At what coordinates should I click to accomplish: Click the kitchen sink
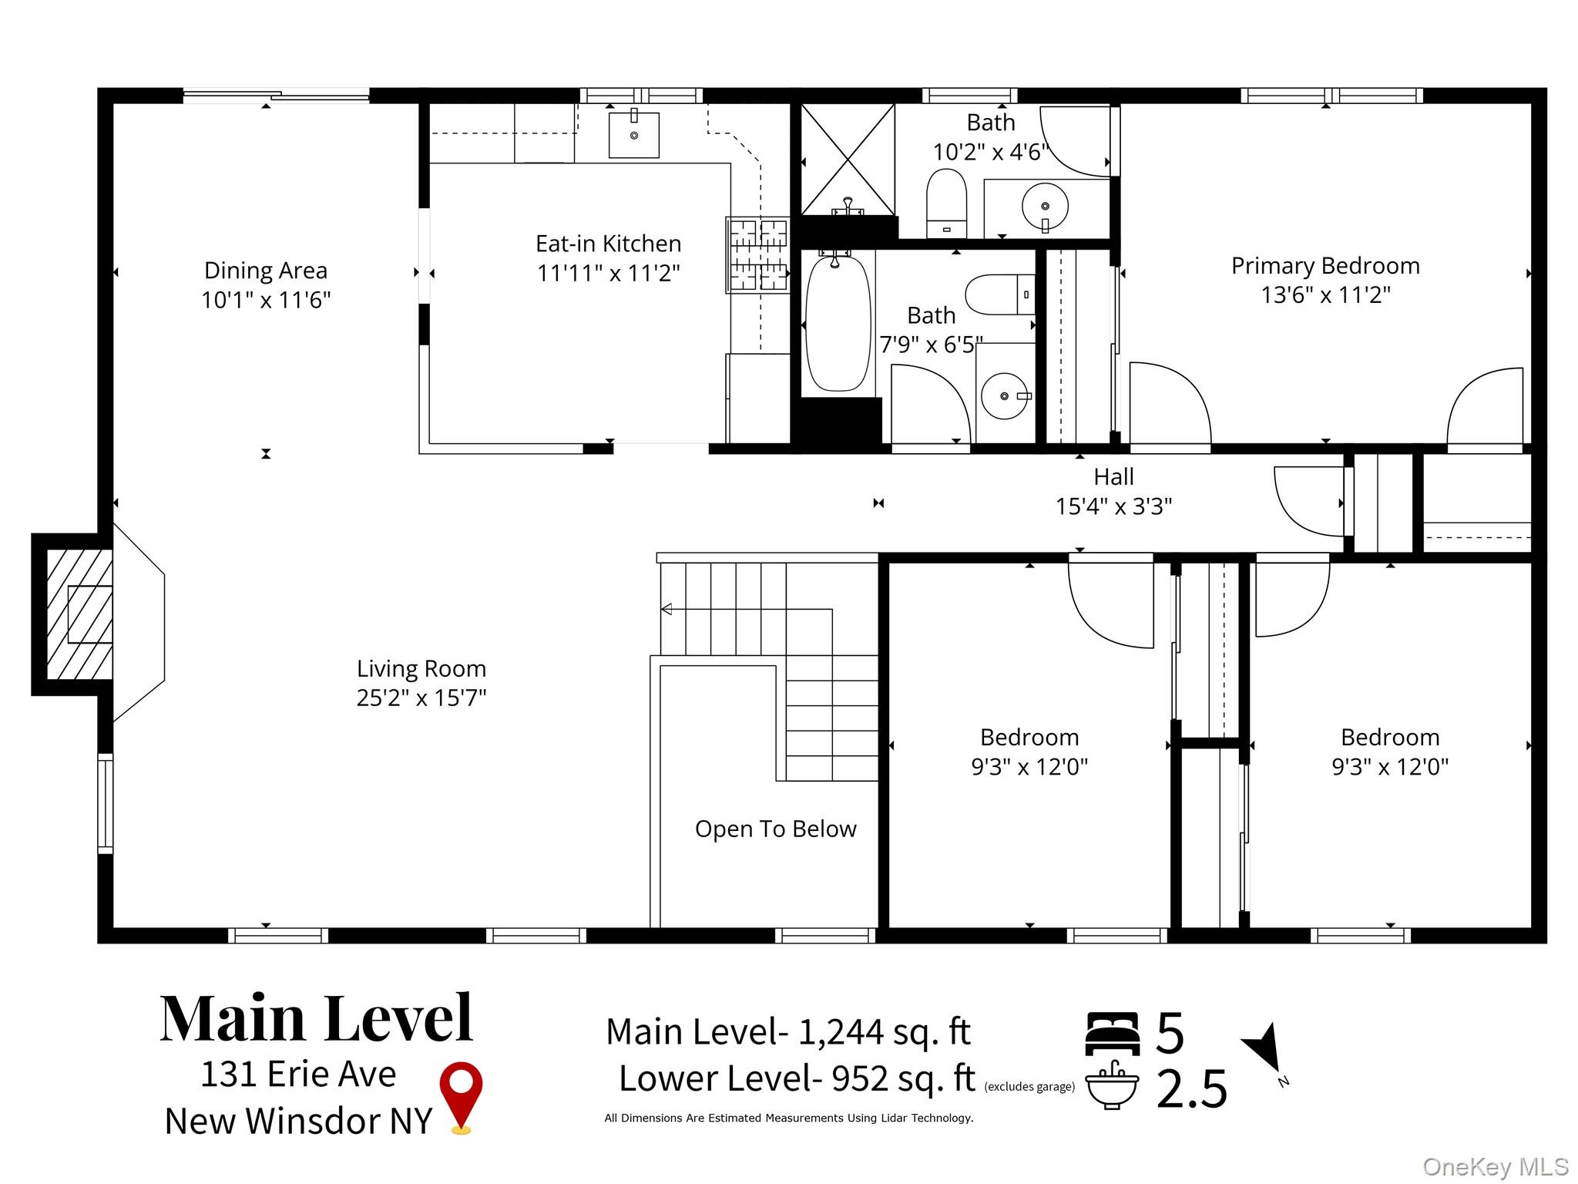point(633,134)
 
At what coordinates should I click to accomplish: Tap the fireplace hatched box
point(79,614)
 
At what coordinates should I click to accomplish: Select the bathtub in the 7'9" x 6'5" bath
point(838,323)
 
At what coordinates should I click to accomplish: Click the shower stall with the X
point(848,160)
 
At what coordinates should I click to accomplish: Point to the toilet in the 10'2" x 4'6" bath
point(946,203)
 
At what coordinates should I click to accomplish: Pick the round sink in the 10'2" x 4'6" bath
point(1045,207)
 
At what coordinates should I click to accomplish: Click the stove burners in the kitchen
point(758,255)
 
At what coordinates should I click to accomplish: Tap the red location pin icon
point(461,1097)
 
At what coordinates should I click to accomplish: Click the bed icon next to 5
point(1112,1033)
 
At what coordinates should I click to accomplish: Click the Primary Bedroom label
point(1325,266)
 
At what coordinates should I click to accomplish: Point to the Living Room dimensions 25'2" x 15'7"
point(421,698)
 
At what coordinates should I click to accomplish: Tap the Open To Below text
point(775,829)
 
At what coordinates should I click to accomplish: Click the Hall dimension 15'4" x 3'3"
point(1113,506)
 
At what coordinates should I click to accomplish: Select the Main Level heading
point(316,1018)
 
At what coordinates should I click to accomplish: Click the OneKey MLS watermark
point(1495,1167)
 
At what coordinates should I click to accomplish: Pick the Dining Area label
point(266,271)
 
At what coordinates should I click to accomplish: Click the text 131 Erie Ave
point(298,1074)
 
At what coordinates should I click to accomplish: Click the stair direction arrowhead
point(666,610)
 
